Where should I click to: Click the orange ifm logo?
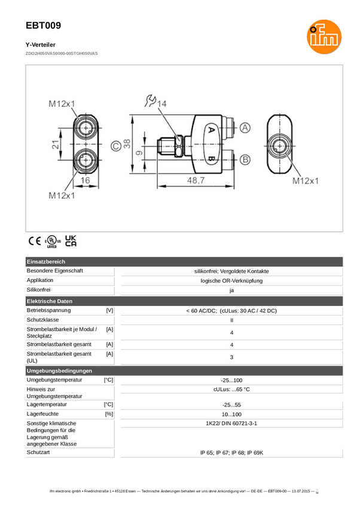324,36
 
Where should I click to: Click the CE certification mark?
35,241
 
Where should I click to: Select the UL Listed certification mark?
52,241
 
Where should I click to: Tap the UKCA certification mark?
71,241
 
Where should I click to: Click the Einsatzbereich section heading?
46,262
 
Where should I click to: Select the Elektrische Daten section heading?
50,301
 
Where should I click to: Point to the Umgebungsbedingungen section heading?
59,371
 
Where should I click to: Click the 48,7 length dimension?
196,180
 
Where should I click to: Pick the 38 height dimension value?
127,145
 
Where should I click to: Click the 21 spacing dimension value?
55,145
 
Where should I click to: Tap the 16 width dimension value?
86,180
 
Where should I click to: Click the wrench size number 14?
162,103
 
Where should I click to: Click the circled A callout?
246,128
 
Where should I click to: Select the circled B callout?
246,160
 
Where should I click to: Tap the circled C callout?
115,145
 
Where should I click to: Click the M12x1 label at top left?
62,103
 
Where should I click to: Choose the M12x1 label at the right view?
306,180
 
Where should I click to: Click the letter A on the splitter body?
210,129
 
